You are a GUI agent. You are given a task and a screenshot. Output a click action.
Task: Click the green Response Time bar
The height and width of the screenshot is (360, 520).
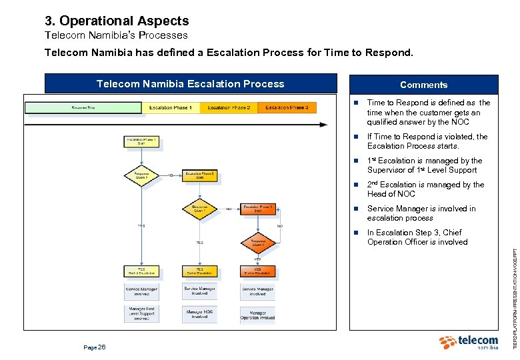(x=83, y=108)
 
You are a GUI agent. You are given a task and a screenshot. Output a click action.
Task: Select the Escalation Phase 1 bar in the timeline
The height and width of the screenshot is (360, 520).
(x=170, y=108)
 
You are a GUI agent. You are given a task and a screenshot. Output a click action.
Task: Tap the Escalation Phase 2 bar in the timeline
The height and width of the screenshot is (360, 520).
(x=229, y=108)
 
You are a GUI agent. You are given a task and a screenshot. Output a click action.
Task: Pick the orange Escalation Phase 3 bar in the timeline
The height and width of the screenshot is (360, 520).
(x=287, y=108)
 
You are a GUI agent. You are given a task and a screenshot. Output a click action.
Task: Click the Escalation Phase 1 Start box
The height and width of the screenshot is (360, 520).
(x=141, y=142)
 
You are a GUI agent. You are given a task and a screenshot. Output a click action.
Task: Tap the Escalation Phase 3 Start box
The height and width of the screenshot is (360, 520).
(x=258, y=209)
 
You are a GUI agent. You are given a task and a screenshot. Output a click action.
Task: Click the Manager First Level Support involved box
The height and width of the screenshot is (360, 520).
(x=141, y=313)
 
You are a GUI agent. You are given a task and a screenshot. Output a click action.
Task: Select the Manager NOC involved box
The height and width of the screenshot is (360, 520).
(x=199, y=313)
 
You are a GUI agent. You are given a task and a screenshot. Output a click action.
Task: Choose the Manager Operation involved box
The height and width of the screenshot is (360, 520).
(x=258, y=314)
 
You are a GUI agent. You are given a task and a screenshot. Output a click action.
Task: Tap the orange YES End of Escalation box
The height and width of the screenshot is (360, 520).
(x=258, y=271)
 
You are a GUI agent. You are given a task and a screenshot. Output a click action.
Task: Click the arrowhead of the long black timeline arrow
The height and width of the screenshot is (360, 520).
(x=325, y=124)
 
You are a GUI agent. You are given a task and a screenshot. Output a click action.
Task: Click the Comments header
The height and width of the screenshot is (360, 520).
(x=423, y=85)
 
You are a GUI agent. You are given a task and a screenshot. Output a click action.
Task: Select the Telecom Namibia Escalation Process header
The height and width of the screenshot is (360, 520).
(x=191, y=84)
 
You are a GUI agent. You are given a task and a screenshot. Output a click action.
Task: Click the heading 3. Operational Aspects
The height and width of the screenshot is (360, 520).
(x=117, y=21)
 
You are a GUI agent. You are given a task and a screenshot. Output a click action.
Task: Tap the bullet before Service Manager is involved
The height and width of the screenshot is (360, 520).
(x=357, y=209)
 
